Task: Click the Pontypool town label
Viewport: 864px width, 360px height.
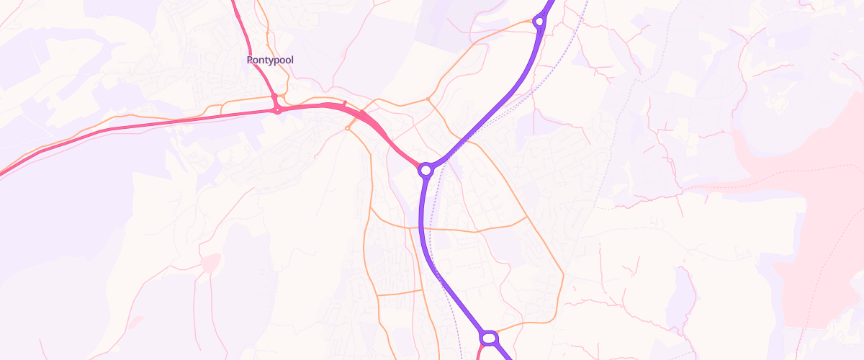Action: [x=270, y=60]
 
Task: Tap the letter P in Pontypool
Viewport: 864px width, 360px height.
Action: [x=250, y=60]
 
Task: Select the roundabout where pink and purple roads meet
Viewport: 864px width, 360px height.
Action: [x=426, y=170]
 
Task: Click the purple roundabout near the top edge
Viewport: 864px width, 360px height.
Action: [x=539, y=22]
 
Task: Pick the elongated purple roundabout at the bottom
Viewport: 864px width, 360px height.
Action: [x=490, y=337]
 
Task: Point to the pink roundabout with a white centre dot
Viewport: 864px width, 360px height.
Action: [x=277, y=110]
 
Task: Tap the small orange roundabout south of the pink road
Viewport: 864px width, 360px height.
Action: [x=348, y=129]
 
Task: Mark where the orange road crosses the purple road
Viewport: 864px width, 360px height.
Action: [x=421, y=229]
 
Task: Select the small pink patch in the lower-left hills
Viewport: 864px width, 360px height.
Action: [x=210, y=264]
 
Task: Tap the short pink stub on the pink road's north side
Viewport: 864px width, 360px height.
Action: [x=345, y=104]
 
